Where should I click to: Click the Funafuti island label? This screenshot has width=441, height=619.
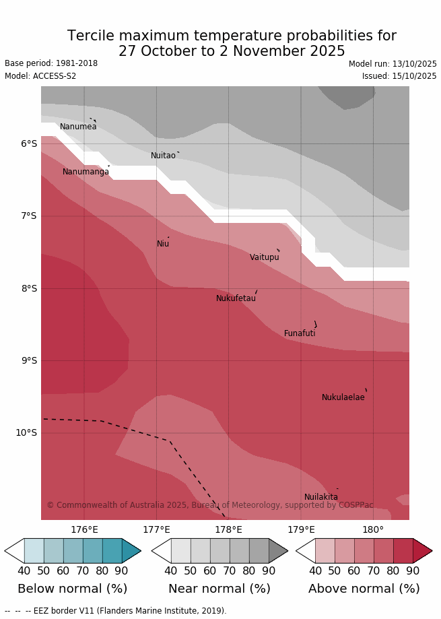(x=300, y=333)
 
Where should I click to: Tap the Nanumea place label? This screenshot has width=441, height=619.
(x=78, y=127)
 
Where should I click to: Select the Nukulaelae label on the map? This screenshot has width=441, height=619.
(x=343, y=397)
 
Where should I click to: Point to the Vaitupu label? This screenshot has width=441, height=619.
(x=265, y=257)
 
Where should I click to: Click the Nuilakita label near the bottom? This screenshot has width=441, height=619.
(x=321, y=497)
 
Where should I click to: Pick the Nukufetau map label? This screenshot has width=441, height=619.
(x=236, y=298)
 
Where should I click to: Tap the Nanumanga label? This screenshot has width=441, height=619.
(x=86, y=172)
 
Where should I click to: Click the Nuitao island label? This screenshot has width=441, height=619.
(x=163, y=156)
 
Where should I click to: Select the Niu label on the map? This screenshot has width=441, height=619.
(x=163, y=244)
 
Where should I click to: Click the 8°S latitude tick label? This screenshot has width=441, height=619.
(x=29, y=288)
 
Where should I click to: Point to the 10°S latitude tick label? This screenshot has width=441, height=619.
(x=26, y=432)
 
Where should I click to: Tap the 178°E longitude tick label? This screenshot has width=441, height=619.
(x=228, y=530)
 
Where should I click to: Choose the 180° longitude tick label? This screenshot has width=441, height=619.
(x=373, y=530)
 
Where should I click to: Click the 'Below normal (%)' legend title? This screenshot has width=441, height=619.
(x=73, y=589)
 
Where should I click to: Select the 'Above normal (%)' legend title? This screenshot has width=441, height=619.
(x=364, y=589)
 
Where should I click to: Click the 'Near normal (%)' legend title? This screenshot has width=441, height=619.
(x=219, y=589)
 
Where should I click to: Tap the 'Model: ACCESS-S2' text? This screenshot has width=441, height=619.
(x=40, y=76)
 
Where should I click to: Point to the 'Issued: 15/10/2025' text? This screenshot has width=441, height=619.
(x=399, y=76)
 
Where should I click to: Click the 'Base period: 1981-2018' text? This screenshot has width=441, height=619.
(x=51, y=63)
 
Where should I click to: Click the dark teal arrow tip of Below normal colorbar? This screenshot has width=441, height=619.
(x=132, y=551)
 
